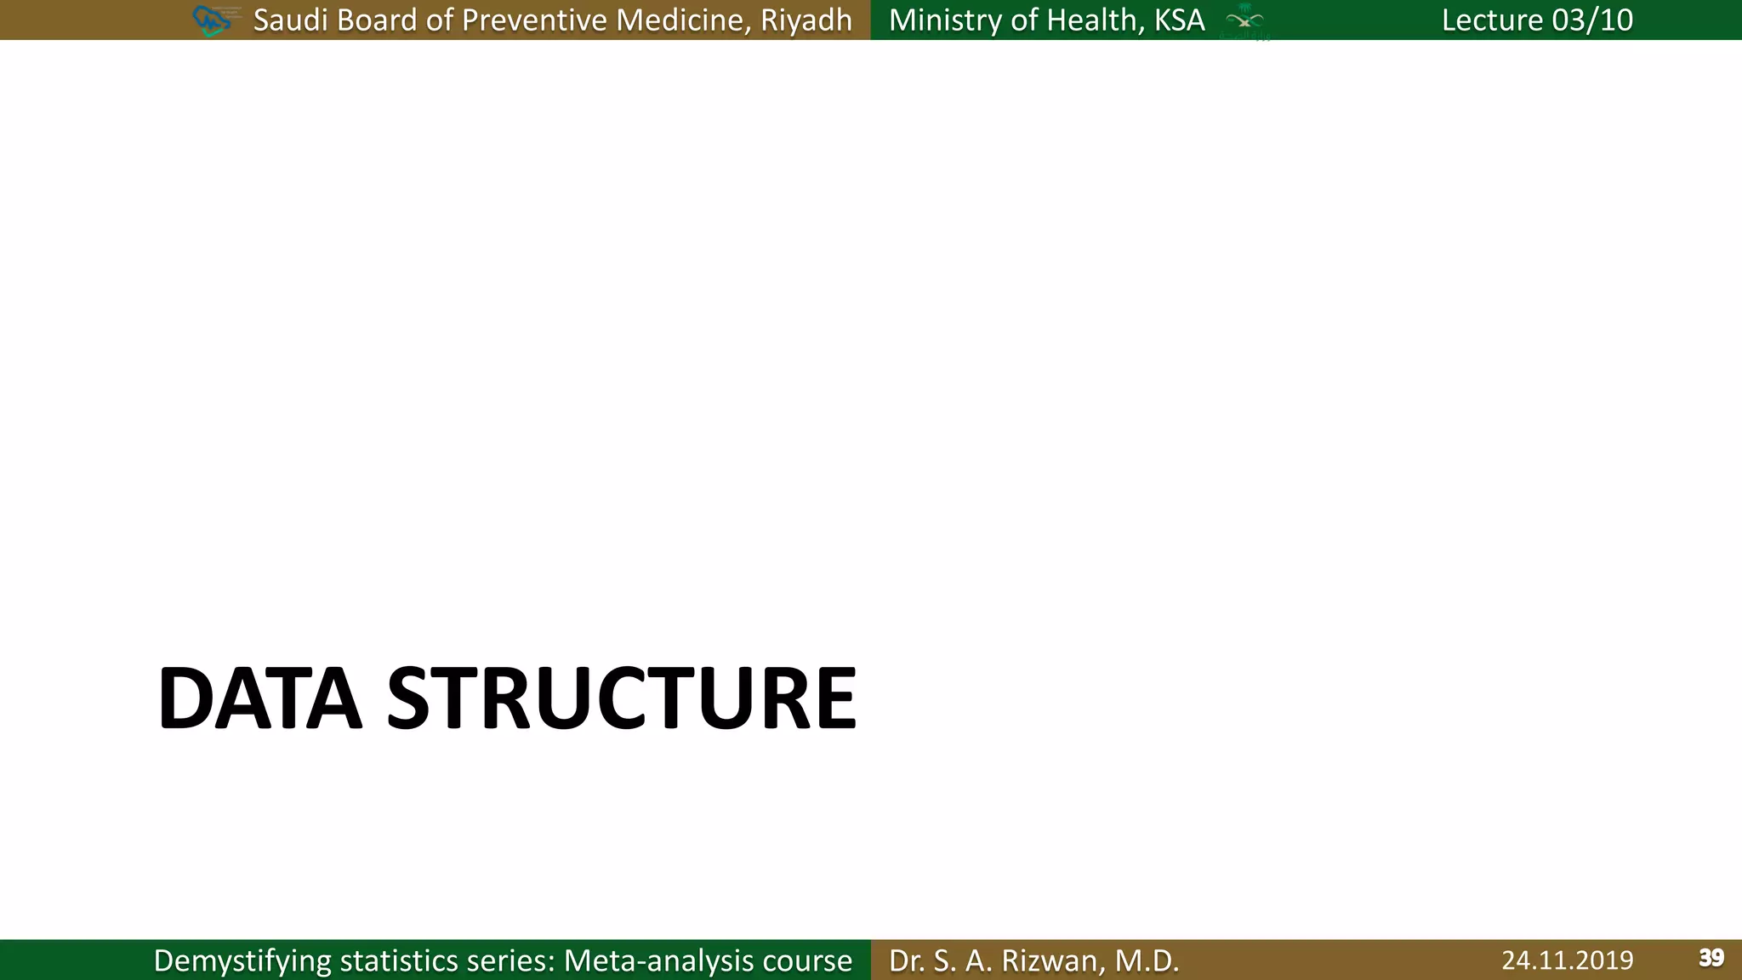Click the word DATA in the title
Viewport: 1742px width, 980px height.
(259, 698)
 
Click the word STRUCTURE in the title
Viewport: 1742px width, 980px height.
(622, 698)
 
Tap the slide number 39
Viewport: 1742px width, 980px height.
(1711, 958)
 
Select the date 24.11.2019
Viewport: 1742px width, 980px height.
(1567, 960)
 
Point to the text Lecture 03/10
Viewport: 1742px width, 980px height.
(1537, 20)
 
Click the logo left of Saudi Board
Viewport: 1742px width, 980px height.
(213, 20)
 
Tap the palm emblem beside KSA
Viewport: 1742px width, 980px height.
(1244, 20)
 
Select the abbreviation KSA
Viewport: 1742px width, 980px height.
(1179, 20)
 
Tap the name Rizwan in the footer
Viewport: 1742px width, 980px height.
(1050, 960)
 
